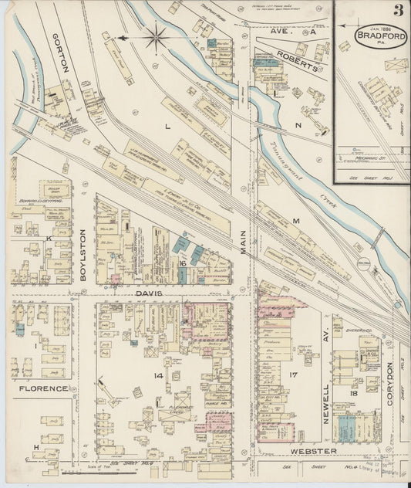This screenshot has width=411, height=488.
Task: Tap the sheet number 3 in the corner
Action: point(397,11)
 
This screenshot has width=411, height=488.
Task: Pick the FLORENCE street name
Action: point(43,388)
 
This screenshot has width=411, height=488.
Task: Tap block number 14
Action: point(158,375)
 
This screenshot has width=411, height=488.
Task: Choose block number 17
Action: point(293,375)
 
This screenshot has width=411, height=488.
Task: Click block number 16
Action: point(184,263)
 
